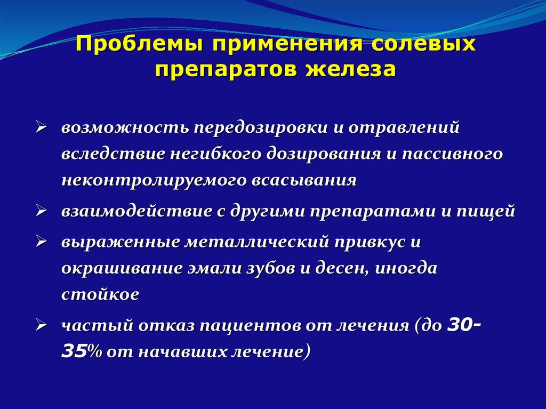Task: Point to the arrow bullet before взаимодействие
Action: pos(42,211)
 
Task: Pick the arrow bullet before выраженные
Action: pos(42,242)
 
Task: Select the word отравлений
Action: pos(404,128)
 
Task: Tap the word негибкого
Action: pos(216,154)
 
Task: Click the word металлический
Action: pos(256,242)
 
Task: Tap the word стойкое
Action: pos(101,295)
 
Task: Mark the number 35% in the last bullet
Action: pos(82,352)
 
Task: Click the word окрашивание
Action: pos(122,268)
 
